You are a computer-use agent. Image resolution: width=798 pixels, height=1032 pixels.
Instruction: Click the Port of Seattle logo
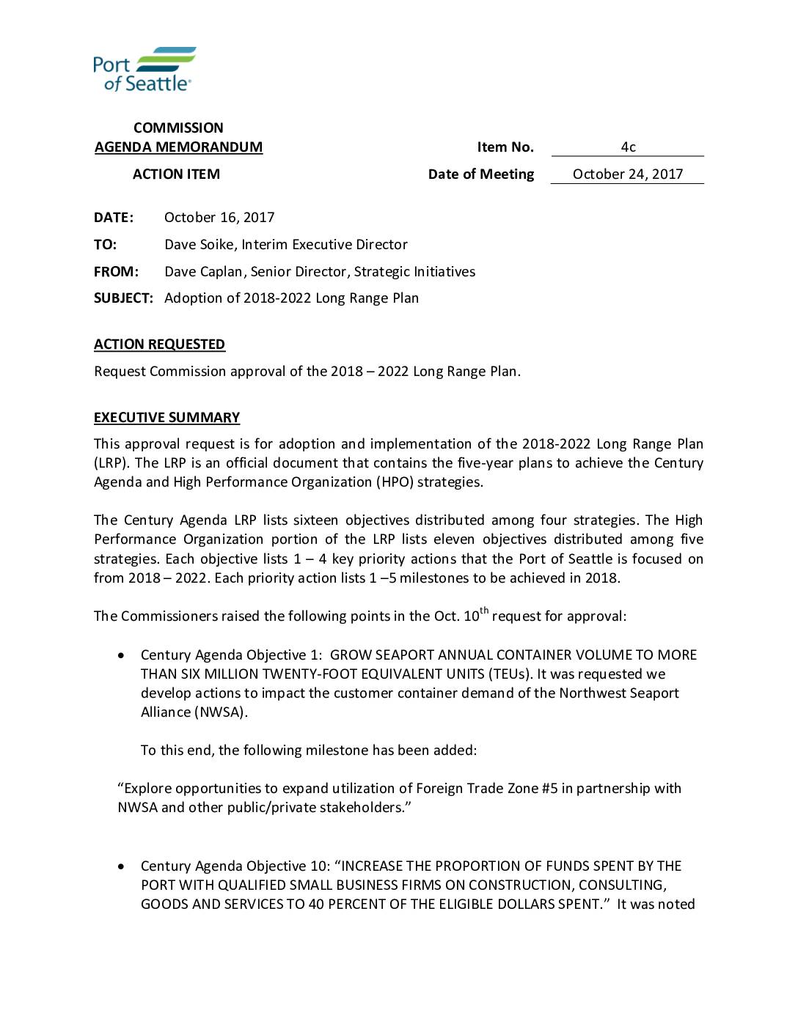point(144,70)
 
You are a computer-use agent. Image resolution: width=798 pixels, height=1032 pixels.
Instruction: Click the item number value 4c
point(628,147)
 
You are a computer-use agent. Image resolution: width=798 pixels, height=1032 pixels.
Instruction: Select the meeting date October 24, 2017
point(628,174)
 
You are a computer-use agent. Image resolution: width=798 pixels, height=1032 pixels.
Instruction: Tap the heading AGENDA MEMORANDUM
point(178,147)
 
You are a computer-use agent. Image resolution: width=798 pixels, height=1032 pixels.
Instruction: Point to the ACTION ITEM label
point(176,174)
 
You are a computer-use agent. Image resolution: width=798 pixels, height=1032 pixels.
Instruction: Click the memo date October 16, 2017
point(219,218)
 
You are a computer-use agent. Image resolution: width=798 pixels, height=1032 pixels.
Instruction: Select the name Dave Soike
point(199,245)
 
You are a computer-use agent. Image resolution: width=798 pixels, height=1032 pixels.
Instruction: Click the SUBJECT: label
point(123,298)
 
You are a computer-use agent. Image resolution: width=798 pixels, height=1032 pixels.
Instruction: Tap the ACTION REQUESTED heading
point(159,344)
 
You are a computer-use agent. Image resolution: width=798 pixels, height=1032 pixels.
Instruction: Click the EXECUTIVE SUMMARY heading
point(166,418)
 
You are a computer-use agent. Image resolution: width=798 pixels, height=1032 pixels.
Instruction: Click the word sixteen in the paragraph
point(315,520)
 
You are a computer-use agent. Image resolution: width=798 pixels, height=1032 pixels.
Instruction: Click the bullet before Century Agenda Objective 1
point(122,655)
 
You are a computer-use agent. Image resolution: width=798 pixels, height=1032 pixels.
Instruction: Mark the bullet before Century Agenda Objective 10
point(122,866)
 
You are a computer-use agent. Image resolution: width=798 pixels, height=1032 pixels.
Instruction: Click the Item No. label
point(505,147)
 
